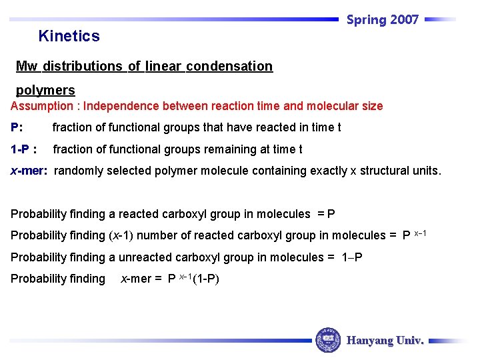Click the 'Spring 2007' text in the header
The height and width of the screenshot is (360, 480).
383,20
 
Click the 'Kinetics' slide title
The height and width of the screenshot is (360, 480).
69,36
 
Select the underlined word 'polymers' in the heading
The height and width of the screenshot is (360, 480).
45,90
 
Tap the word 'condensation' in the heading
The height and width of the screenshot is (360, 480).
229,66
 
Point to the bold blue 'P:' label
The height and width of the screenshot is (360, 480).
17,127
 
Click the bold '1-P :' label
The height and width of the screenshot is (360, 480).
23,149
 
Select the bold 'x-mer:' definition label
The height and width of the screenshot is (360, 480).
29,171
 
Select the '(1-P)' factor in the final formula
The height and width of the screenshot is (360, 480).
206,279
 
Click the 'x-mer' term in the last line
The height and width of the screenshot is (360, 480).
136,279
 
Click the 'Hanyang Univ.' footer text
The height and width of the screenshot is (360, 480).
385,341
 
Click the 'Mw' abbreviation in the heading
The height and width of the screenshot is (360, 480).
27,66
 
